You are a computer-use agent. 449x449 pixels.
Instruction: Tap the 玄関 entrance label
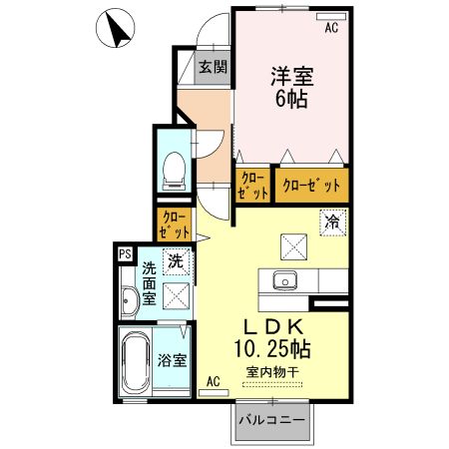pyautogui.click(x=211, y=68)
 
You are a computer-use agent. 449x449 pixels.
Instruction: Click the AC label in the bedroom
pyautogui.click(x=331, y=28)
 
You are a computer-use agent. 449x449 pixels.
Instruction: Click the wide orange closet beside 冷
pyautogui.click(x=312, y=186)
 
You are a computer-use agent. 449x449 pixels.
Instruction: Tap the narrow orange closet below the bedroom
pyautogui.click(x=252, y=186)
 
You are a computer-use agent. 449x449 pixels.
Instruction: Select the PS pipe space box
pyautogui.click(x=125, y=254)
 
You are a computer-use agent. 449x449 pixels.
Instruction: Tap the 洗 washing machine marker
pyautogui.click(x=175, y=262)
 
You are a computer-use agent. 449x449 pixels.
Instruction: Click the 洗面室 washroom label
pyautogui.click(x=148, y=283)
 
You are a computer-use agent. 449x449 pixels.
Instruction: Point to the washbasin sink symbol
pyautogui.click(x=129, y=301)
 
